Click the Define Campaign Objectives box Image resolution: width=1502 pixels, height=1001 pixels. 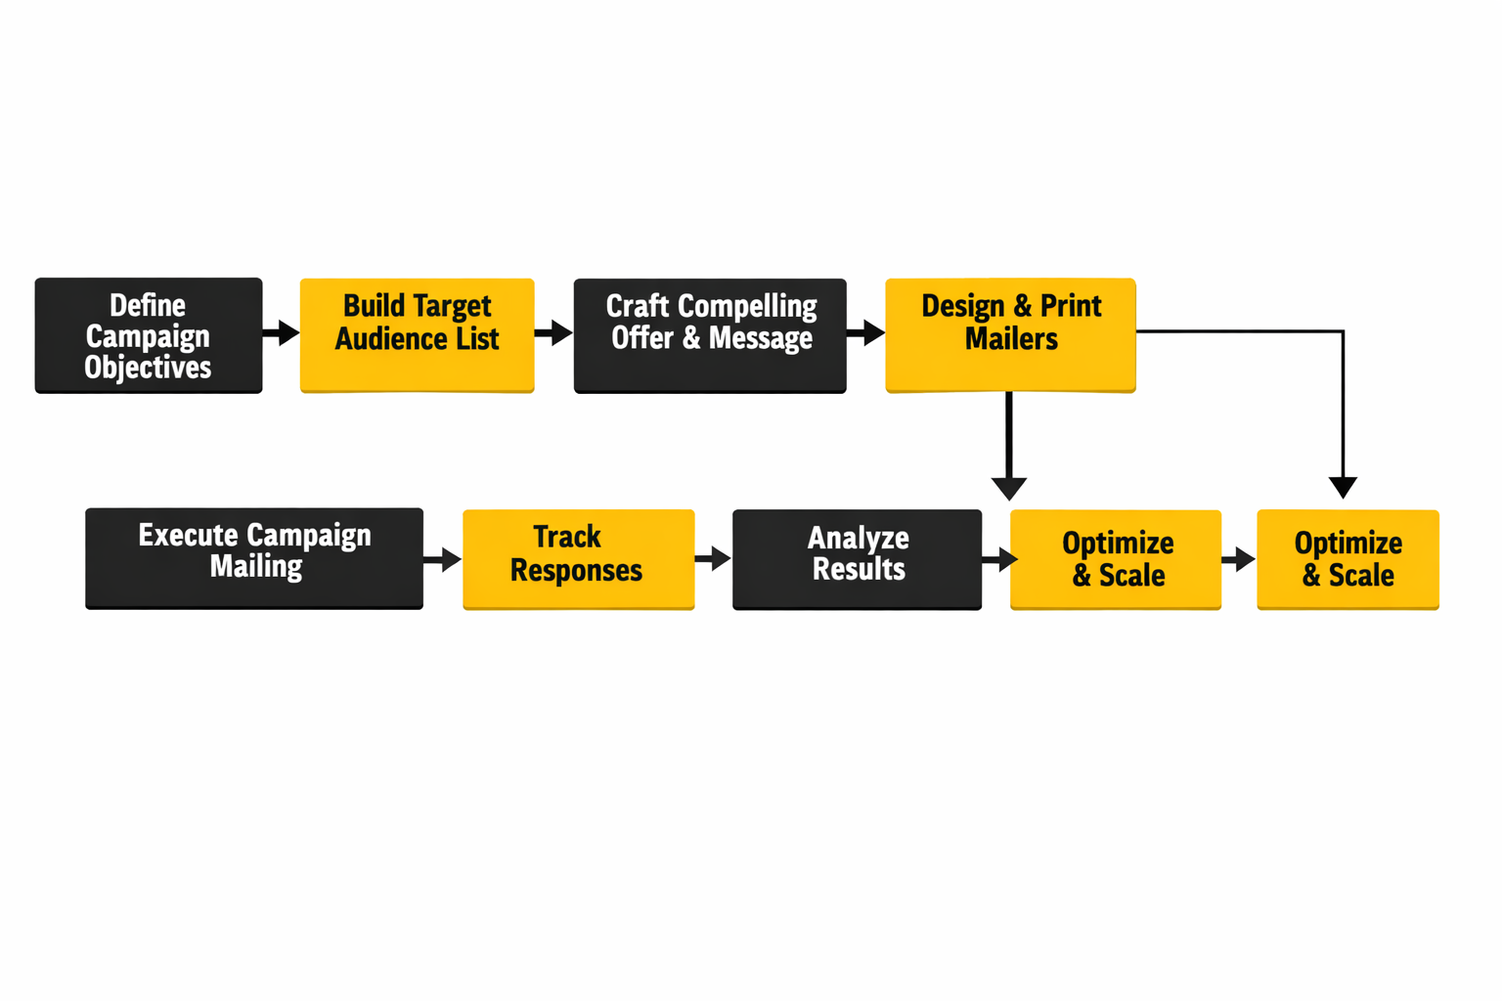[149, 335]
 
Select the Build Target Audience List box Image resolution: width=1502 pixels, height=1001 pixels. [417, 334]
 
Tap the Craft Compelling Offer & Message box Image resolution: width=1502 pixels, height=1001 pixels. [710, 335]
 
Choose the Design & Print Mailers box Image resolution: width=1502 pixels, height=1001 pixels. [1010, 334]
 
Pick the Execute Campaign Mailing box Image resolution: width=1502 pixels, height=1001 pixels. [254, 558]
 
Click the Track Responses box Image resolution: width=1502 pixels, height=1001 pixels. [578, 558]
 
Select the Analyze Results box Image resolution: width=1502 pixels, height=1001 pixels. [857, 558]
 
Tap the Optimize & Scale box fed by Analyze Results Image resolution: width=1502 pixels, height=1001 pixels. [1116, 558]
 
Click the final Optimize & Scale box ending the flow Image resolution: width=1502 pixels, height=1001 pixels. [1347, 558]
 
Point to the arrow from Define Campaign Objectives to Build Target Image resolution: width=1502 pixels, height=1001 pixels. [282, 333]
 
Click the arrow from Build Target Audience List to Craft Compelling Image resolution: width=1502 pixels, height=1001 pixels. [554, 333]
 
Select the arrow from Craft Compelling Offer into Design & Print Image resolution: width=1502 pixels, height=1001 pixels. [866, 333]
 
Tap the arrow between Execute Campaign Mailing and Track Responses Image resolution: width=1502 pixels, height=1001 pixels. [443, 560]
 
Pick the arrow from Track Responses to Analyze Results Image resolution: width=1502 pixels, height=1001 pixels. [714, 559]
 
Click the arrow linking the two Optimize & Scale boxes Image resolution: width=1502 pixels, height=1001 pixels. [1239, 560]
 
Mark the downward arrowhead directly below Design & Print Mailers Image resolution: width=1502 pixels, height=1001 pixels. [1008, 487]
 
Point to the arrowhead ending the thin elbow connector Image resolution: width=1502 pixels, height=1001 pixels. [1343, 486]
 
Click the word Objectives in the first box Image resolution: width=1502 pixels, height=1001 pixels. [148, 368]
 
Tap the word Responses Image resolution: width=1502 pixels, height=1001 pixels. [576, 571]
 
